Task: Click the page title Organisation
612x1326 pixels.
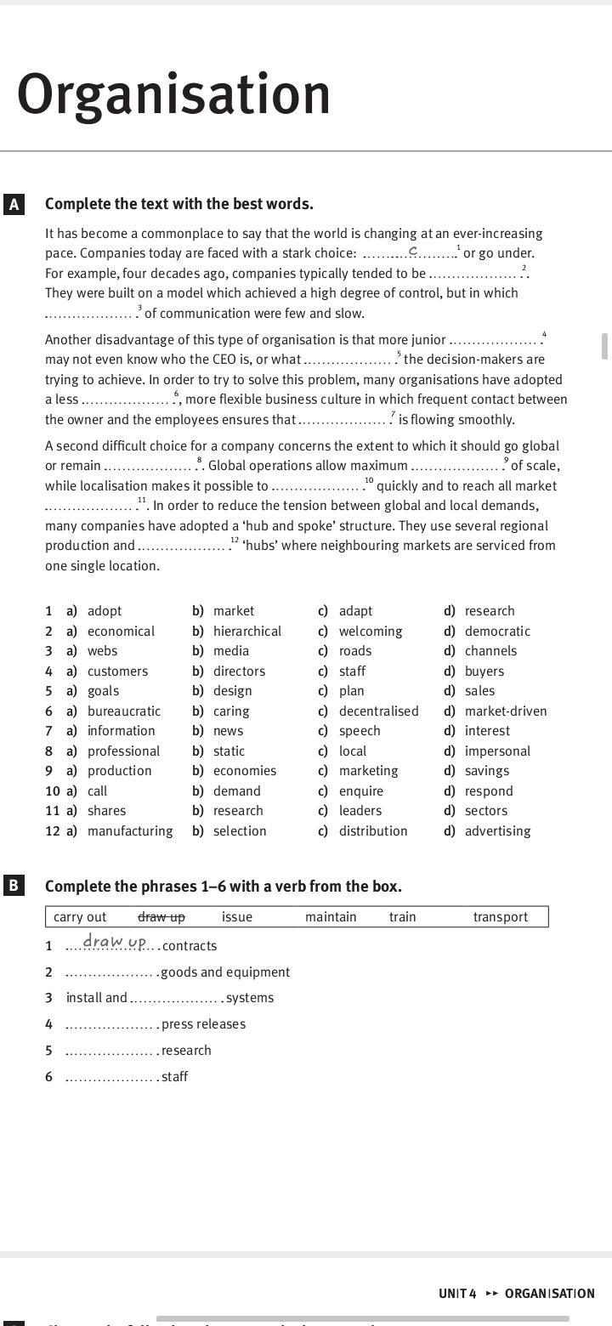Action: click(173, 94)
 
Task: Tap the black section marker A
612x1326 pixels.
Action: click(14, 204)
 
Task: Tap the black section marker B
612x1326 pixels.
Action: click(14, 886)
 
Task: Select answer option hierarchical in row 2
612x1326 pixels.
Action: click(246, 631)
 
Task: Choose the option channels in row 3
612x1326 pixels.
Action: click(490, 650)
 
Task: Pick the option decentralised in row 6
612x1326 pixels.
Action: click(378, 711)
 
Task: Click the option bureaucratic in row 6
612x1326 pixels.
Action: click(124, 711)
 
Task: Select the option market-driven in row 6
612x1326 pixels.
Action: click(506, 711)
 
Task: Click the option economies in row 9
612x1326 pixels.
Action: click(245, 770)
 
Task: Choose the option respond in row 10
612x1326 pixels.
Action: click(489, 790)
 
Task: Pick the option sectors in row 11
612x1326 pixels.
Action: click(486, 810)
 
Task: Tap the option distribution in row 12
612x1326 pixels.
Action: click(373, 830)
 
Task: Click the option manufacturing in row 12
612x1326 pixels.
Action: click(130, 830)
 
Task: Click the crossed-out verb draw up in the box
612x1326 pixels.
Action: click(161, 916)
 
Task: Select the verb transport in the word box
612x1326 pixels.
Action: click(501, 916)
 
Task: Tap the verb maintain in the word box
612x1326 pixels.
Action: click(331, 916)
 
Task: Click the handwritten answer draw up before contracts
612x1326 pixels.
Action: click(115, 943)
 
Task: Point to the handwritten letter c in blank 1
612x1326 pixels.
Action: click(412, 250)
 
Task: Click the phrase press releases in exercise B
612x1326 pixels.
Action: click(203, 1023)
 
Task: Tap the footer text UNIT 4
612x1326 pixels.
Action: click(457, 1293)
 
